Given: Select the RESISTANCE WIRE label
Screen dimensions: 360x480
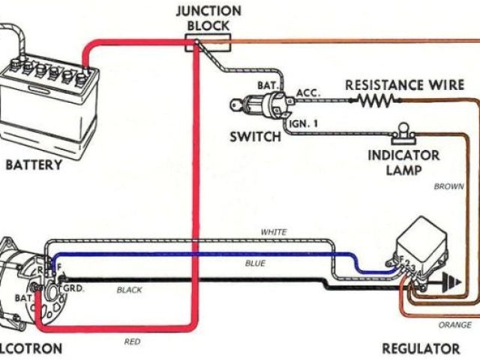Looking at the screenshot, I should coord(405,84).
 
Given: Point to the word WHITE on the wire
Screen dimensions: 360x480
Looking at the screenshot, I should coord(274,232).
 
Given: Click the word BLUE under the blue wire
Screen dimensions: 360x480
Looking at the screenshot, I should coord(255,264).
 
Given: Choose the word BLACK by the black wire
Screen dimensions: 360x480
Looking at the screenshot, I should coord(132,289).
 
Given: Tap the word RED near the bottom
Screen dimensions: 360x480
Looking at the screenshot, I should coord(132,342).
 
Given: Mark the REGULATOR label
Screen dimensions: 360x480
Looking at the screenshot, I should coord(421,349).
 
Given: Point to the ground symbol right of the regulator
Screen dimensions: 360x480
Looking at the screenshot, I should coord(450,283).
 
